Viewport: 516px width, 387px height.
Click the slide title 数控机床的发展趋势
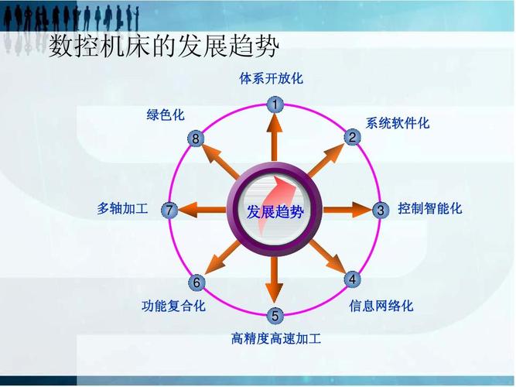pyautogui.click(x=163, y=48)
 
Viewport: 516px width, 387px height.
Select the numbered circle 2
pyautogui.click(x=352, y=138)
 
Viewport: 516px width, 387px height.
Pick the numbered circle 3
pyautogui.click(x=380, y=210)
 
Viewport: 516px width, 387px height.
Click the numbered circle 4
pyautogui.click(x=352, y=279)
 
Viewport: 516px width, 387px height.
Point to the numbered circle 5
pyautogui.click(x=275, y=315)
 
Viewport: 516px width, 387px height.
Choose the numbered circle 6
pyautogui.click(x=197, y=283)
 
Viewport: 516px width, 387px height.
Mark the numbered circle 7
pyautogui.click(x=170, y=210)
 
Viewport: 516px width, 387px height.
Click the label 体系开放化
pyautogui.click(x=272, y=78)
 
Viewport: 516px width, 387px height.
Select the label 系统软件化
pyautogui.click(x=398, y=123)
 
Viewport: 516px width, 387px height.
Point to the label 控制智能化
pyautogui.click(x=430, y=208)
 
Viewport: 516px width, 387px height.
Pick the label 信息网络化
pyautogui.click(x=381, y=306)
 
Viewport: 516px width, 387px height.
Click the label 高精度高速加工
pyautogui.click(x=276, y=338)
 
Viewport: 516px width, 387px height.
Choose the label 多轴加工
pyautogui.click(x=122, y=208)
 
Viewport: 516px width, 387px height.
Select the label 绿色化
pyautogui.click(x=166, y=115)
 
